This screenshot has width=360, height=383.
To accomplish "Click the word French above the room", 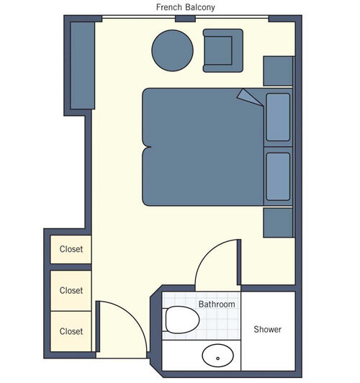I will point(169,8).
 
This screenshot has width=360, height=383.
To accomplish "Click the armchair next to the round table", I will point(218,50).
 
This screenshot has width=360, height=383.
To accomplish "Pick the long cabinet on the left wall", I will point(83,65).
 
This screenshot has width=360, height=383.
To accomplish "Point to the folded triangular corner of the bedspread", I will point(248,96).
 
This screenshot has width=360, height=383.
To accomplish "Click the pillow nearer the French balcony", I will point(278,117).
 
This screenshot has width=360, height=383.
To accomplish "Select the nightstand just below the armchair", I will point(278,71).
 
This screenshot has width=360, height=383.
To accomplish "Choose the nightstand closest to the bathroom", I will point(278,222).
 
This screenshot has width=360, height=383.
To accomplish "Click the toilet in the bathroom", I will point(180,319).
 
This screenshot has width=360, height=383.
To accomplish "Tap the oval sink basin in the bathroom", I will point(217,356).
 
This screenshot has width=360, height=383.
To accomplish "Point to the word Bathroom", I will point(217,305).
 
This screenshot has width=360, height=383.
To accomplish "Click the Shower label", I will point(267,330).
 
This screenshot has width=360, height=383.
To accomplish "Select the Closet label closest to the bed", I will point(71,250).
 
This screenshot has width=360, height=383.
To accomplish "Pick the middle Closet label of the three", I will point(71,291).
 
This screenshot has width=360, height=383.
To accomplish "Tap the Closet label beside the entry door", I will point(71,332).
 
